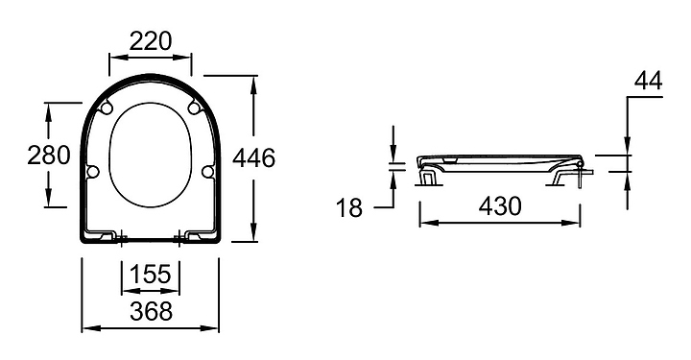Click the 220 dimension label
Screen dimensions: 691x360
click(150, 41)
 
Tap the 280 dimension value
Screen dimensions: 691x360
click(49, 156)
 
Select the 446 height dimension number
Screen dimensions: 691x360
click(253, 157)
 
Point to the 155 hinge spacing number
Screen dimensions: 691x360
click(151, 274)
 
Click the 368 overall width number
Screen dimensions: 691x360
click(152, 311)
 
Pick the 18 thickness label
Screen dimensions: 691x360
click(349, 207)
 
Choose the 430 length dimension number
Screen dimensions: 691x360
click(500, 205)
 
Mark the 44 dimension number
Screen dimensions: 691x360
click(648, 81)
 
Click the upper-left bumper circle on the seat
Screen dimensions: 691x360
click(107, 108)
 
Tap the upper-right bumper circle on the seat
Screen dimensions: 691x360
click(193, 108)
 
